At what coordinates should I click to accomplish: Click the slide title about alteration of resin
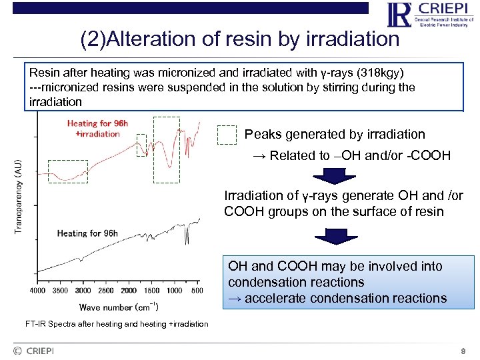click(x=239, y=39)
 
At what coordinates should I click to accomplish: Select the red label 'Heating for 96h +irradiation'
click(x=93, y=128)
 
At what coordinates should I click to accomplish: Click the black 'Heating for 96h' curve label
click(x=87, y=233)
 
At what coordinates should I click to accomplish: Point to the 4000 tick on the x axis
click(x=37, y=291)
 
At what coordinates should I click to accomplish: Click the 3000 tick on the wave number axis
click(x=83, y=291)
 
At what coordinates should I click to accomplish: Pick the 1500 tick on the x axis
click(x=152, y=291)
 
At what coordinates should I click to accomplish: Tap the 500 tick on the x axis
click(x=197, y=291)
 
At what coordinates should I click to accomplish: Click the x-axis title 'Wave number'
click(x=119, y=307)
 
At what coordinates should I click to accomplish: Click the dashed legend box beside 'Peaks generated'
click(x=228, y=135)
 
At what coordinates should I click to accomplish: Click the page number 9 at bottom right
click(x=463, y=351)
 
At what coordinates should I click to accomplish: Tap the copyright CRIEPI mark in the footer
click(x=33, y=351)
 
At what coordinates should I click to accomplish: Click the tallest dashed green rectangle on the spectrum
click(x=166, y=149)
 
